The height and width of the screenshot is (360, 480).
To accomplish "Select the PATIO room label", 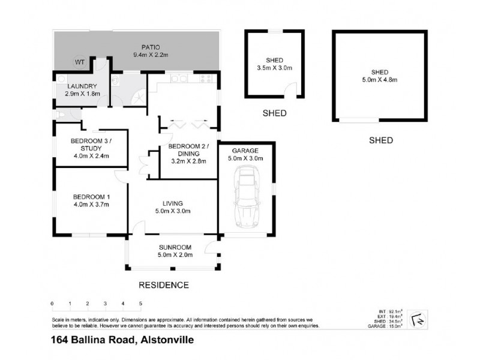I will pos(150,47).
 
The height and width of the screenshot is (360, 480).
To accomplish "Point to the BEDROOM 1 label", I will pos(91,197).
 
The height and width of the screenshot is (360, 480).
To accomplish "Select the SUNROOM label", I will pos(175,247).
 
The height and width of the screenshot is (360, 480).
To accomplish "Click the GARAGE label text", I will pos(247,151).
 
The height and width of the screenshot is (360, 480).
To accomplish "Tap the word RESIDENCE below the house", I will pos(164,285).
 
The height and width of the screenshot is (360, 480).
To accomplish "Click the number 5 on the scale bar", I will pos(140,304).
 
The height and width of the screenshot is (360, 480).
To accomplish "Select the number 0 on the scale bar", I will pos(52,304).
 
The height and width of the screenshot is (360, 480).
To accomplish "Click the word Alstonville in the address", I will pos(167,341).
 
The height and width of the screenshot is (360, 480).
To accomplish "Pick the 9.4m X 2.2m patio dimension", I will pos(150,55).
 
